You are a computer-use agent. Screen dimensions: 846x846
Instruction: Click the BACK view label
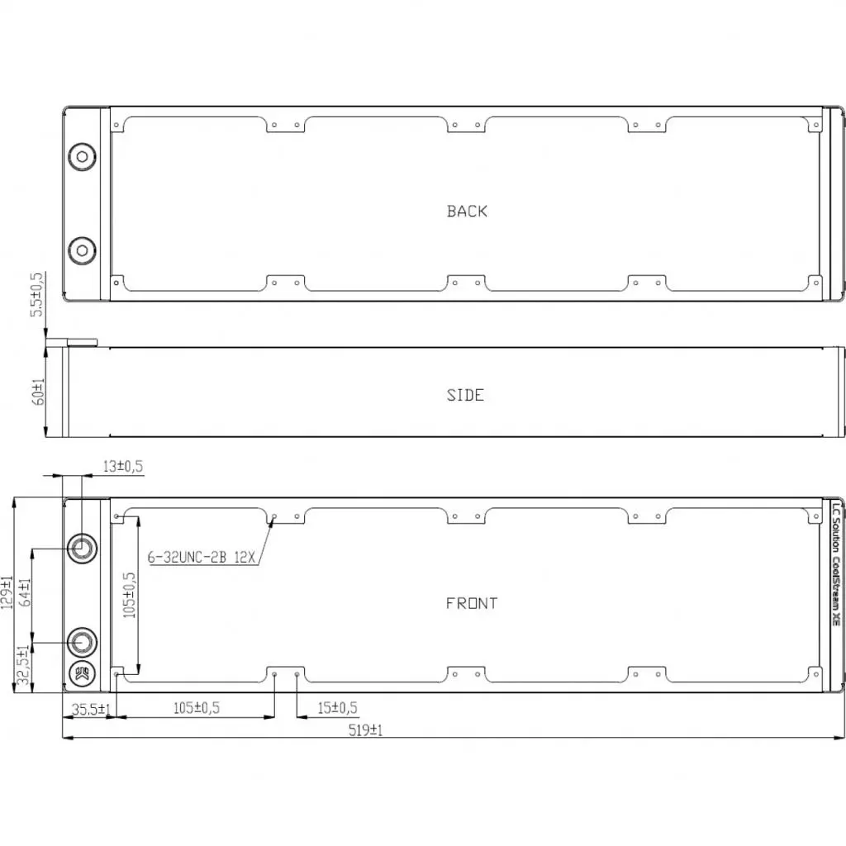click(x=467, y=211)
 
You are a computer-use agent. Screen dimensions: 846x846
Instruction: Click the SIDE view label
click(x=465, y=395)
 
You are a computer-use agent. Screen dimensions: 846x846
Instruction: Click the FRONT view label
click(x=472, y=603)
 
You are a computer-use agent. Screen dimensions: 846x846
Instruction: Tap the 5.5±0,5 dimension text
click(x=37, y=295)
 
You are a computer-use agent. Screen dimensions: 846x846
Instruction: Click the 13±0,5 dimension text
click(x=122, y=467)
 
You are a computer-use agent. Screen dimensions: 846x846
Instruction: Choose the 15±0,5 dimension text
click(x=337, y=708)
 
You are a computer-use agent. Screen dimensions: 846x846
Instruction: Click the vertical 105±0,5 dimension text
click(x=129, y=595)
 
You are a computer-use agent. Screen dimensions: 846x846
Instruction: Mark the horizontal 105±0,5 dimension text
click(x=196, y=708)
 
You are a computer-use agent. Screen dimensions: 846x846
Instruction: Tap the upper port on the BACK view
click(x=82, y=155)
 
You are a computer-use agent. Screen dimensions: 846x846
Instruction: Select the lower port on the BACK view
click(x=82, y=250)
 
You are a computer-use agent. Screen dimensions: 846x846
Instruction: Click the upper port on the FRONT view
click(x=83, y=547)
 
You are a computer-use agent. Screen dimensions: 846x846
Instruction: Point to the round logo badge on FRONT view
click(x=83, y=673)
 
